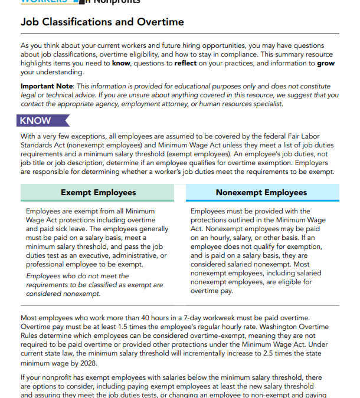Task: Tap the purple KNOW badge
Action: [35, 120]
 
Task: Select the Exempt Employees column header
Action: [98, 192]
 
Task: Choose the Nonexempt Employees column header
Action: [261, 192]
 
